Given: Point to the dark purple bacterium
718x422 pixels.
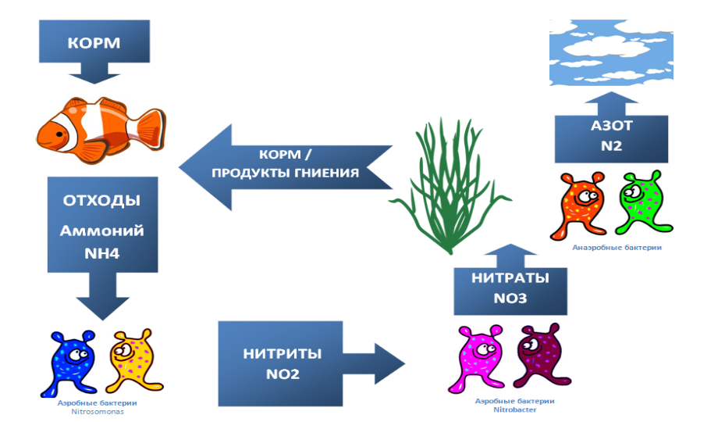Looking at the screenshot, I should point(538,359).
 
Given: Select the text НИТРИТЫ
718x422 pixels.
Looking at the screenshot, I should point(282,353).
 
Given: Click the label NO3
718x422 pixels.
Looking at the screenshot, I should point(510,299).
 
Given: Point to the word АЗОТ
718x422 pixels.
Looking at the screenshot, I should point(612,127).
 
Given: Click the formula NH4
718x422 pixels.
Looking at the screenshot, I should point(102,256).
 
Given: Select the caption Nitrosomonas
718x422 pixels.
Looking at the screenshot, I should point(103,410).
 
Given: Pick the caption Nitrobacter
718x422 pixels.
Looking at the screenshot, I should point(515,409).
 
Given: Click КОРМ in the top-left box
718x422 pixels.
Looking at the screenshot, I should point(94,42).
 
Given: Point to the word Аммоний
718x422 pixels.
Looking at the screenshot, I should point(102,231).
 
